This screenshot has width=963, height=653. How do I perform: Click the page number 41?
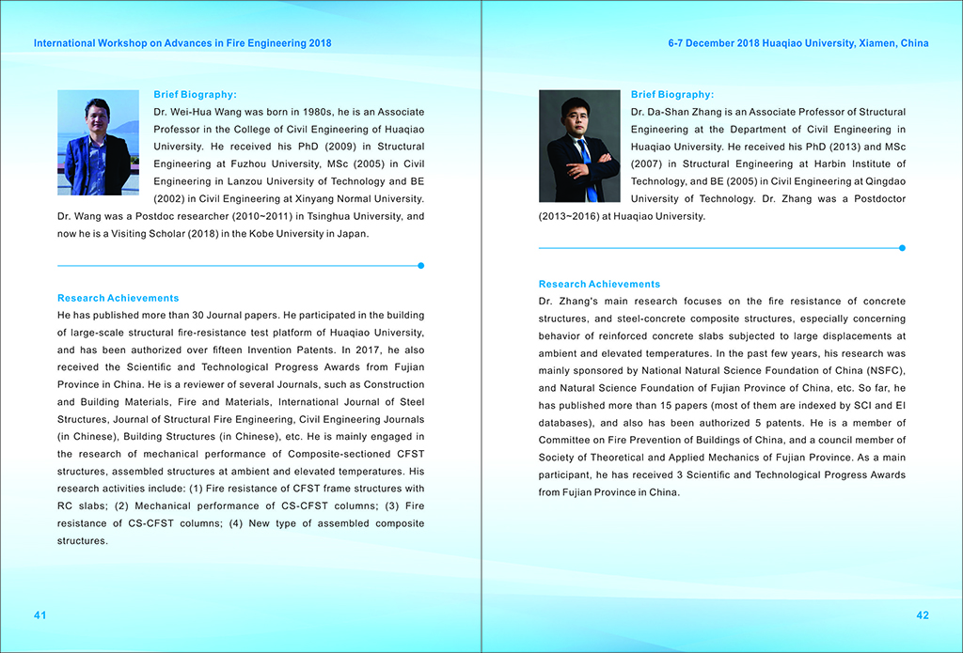point(40,614)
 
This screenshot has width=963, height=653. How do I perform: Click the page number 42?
point(922,614)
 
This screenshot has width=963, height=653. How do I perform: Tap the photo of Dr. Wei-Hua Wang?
point(98,143)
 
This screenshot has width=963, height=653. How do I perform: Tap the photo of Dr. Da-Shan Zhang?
point(579,146)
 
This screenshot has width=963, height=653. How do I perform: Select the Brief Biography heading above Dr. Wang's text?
point(195,94)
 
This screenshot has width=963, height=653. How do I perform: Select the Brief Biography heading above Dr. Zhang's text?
point(672,94)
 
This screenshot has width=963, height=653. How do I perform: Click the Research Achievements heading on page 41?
point(118,298)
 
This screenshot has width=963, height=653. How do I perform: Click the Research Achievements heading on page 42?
point(599,284)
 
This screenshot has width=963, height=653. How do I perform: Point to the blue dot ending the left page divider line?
point(420,266)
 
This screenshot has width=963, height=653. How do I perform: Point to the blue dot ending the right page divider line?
point(902,248)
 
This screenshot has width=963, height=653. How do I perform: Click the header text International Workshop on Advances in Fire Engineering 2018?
point(182,43)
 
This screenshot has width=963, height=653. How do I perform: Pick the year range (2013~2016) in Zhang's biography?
point(571,216)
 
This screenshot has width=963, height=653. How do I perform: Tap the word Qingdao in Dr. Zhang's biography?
point(885,181)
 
